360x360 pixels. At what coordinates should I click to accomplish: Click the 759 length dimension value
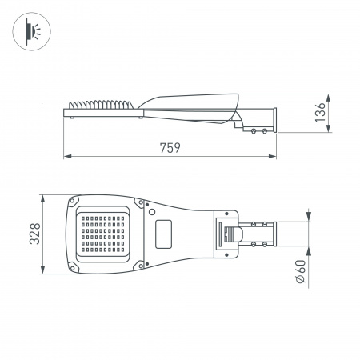169,147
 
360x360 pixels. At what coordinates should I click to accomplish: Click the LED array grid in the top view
102,234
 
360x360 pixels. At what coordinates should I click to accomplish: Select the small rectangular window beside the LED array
166,234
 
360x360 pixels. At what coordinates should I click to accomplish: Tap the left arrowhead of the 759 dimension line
66,156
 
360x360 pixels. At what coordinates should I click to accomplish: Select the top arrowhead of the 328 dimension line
39,195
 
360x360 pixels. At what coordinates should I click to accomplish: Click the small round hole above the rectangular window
150,213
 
